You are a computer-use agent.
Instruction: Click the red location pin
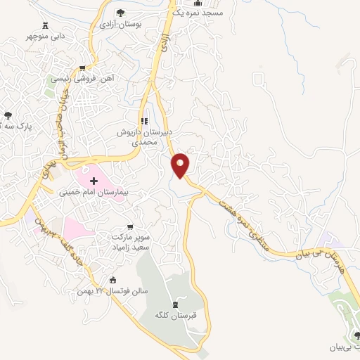[x=181, y=164]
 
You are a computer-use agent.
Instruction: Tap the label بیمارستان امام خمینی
[x=98, y=191]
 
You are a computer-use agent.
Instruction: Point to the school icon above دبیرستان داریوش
[x=144, y=118]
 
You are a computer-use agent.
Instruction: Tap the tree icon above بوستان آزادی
[x=120, y=12]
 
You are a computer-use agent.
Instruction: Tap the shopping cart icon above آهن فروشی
[x=83, y=68]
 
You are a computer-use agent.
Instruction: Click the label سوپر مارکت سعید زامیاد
[x=136, y=243]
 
